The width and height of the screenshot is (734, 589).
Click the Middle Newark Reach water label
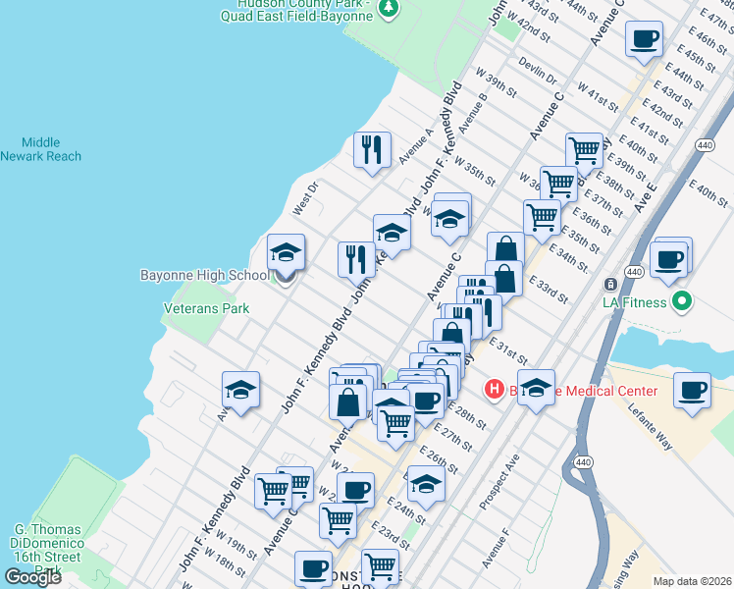point(40,149)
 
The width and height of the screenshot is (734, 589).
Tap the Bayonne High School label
point(203,276)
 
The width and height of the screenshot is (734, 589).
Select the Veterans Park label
point(206,308)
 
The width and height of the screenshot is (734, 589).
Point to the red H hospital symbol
point(495,390)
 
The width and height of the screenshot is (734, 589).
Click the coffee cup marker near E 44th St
point(644,39)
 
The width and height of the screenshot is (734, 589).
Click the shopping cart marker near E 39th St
point(584,151)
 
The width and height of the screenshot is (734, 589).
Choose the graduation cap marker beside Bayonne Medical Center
point(536,387)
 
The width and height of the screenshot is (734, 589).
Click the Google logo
point(32,576)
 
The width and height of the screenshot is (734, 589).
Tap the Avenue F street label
point(497,548)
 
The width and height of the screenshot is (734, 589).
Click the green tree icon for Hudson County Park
point(390,8)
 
